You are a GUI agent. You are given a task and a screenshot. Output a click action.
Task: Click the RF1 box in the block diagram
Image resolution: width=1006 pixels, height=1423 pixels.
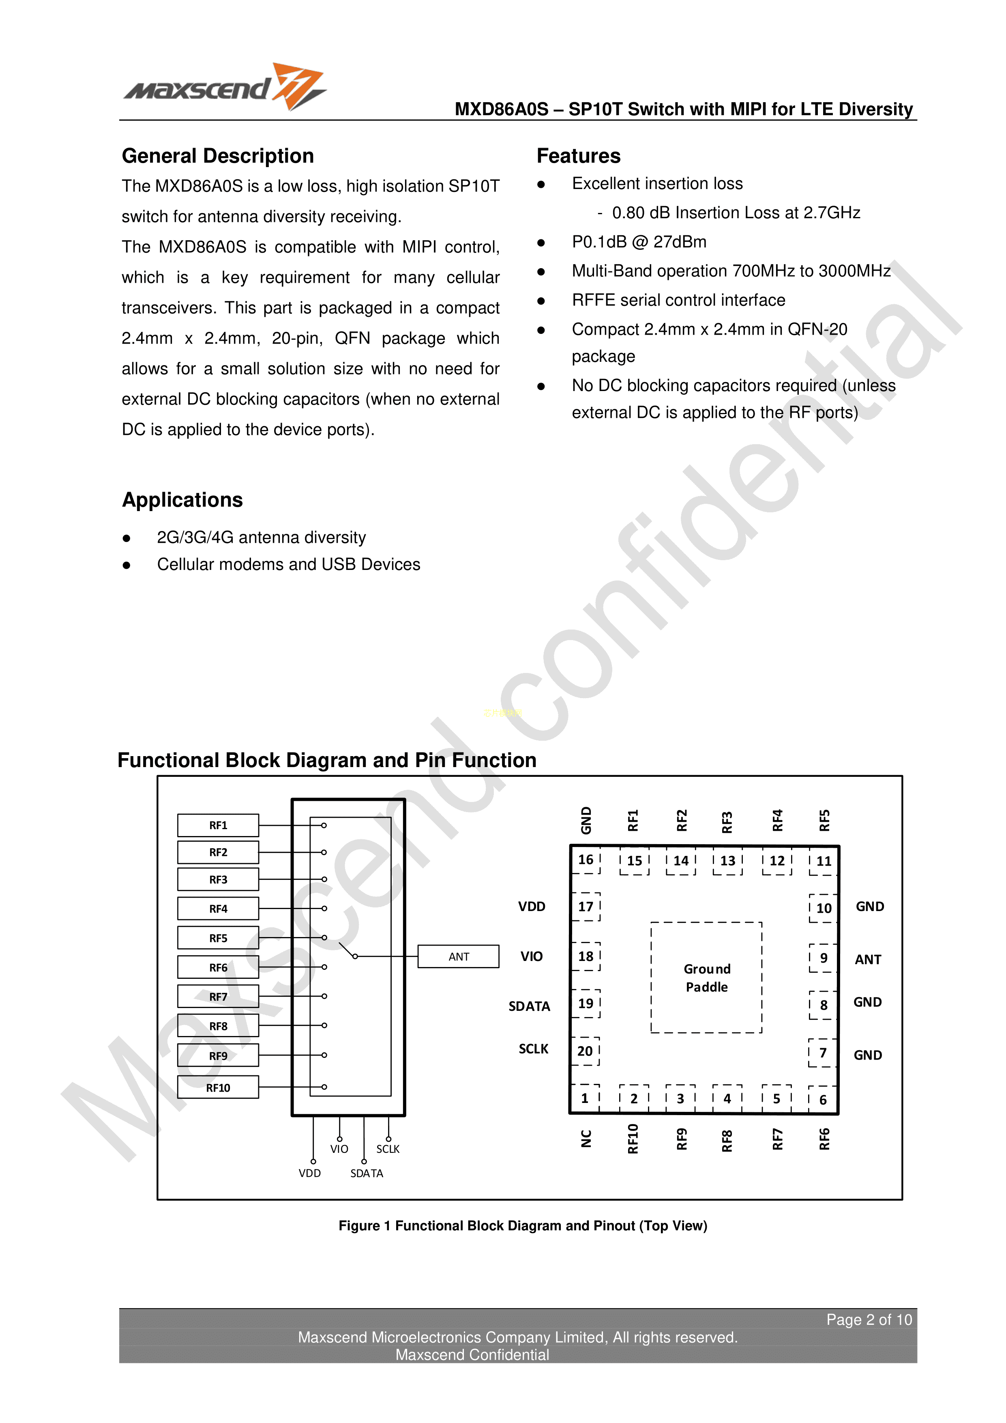218,825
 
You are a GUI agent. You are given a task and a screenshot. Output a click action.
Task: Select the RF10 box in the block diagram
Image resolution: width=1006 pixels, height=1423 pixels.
218,1088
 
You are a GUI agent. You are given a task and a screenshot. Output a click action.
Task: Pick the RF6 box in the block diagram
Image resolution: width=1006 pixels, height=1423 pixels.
218,967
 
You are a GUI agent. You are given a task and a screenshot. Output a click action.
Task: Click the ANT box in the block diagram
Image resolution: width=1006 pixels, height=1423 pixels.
459,957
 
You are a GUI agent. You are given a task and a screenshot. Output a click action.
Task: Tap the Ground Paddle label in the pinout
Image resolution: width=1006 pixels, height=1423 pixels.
707,978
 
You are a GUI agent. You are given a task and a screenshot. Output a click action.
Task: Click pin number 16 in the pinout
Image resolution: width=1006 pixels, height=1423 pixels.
586,860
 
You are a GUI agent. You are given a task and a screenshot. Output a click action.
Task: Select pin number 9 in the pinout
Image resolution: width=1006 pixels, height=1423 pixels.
823,958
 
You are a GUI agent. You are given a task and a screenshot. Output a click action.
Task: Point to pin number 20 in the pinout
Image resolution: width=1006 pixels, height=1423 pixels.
585,1051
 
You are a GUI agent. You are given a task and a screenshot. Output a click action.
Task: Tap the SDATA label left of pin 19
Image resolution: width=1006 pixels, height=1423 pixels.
529,1006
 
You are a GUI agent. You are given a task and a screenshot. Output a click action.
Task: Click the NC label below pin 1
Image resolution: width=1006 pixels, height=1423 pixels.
586,1139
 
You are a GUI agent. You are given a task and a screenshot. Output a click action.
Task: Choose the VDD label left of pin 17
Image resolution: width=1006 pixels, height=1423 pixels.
532,907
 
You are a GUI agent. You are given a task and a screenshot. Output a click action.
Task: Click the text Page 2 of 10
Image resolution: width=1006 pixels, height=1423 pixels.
869,1320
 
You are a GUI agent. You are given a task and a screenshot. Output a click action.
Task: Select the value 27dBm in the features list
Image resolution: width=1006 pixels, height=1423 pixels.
680,242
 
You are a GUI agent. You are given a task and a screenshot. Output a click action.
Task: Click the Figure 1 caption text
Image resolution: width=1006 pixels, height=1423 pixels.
522,1225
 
